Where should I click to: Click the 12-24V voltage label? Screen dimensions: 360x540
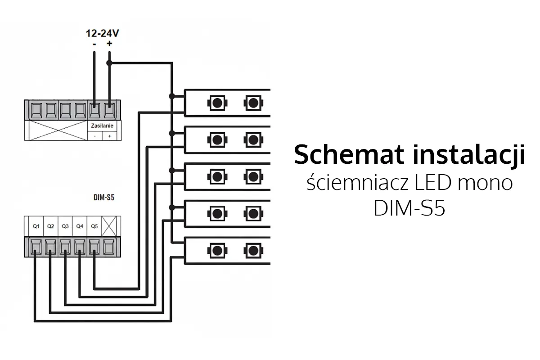click(103, 33)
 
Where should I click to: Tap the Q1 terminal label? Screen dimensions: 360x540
click(36, 226)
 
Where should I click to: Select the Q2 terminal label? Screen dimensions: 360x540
click(50, 226)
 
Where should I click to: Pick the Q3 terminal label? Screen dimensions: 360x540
click(65, 226)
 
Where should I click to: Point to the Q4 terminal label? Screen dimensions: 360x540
click(79, 226)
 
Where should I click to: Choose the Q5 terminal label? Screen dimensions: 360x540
click(94, 226)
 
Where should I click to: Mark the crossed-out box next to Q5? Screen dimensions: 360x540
click(108, 226)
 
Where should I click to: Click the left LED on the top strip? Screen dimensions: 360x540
click(216, 103)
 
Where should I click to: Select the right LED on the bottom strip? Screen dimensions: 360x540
click(253, 251)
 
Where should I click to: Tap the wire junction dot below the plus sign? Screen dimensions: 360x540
click(109, 63)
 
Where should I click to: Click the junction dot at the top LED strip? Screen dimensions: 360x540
click(171, 96)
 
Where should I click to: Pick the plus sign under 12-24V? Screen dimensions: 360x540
click(109, 44)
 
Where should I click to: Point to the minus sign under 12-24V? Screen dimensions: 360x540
click(94, 44)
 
